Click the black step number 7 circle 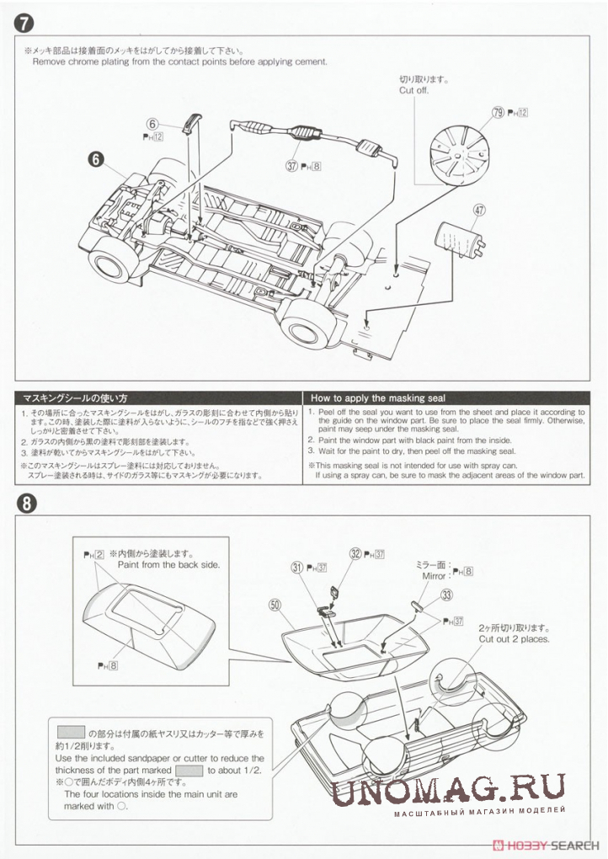24,25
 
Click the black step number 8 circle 24,504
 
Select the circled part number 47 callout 480,211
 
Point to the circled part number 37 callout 292,166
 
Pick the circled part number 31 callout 296,568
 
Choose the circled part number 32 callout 355,553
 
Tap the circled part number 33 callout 446,594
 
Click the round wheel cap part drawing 461,156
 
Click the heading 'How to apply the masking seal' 378,397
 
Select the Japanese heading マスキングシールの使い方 75,397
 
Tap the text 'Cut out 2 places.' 514,638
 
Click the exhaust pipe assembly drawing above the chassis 312,137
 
